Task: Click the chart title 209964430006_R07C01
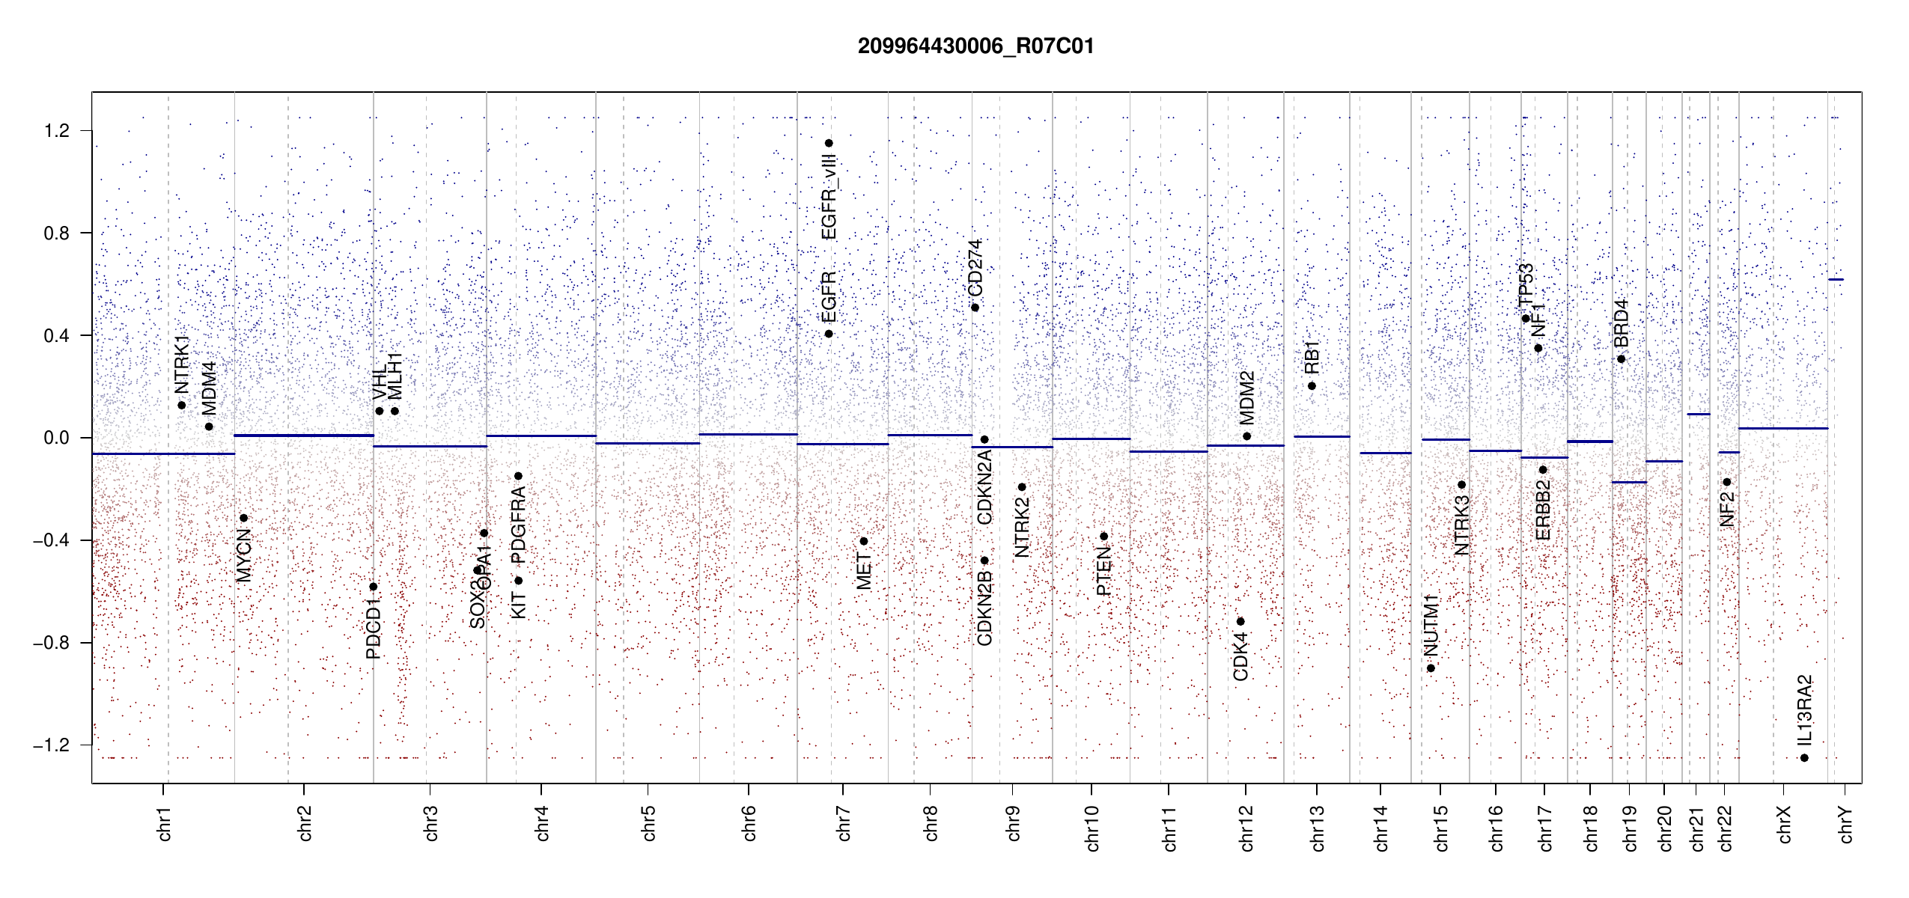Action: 975,46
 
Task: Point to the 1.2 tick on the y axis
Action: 56,131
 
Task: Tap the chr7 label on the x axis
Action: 844,823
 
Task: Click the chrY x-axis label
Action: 1846,824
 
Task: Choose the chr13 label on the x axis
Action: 1317,828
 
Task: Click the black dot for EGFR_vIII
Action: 829,144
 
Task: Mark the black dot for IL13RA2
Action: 1804,758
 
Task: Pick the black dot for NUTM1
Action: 1431,668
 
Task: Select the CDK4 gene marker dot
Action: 1240,622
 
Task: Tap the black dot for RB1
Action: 1312,386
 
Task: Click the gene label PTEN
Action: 1103,570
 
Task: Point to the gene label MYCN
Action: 244,555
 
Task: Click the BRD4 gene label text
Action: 1621,323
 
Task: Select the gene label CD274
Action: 975,268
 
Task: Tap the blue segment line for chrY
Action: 1836,280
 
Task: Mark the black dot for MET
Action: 864,541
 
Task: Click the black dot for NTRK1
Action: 182,406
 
